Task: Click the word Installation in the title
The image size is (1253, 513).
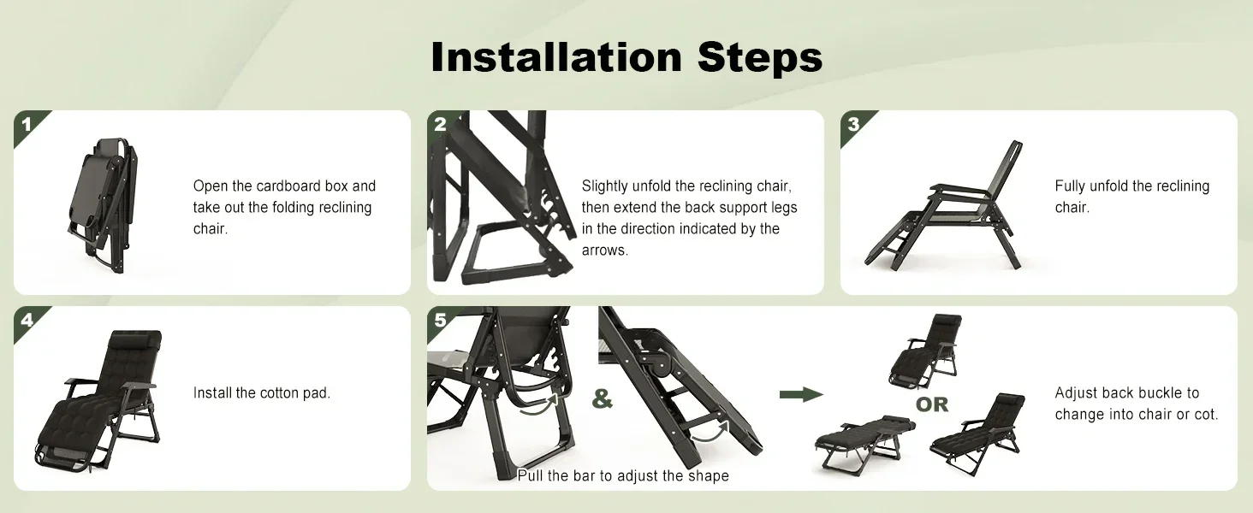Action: (556, 57)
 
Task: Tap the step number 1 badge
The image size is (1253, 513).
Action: (27, 125)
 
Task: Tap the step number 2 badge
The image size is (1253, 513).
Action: (441, 125)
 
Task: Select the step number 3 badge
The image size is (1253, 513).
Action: (853, 125)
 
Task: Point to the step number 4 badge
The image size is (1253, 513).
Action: (27, 321)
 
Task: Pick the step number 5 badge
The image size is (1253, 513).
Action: (441, 321)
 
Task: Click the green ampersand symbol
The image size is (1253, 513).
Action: (602, 398)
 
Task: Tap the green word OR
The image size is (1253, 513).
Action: (932, 404)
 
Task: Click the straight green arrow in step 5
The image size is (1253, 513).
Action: (801, 394)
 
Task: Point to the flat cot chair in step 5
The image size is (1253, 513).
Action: (864, 441)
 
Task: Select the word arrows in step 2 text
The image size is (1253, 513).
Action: (605, 251)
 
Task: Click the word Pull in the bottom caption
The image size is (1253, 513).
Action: (530, 475)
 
